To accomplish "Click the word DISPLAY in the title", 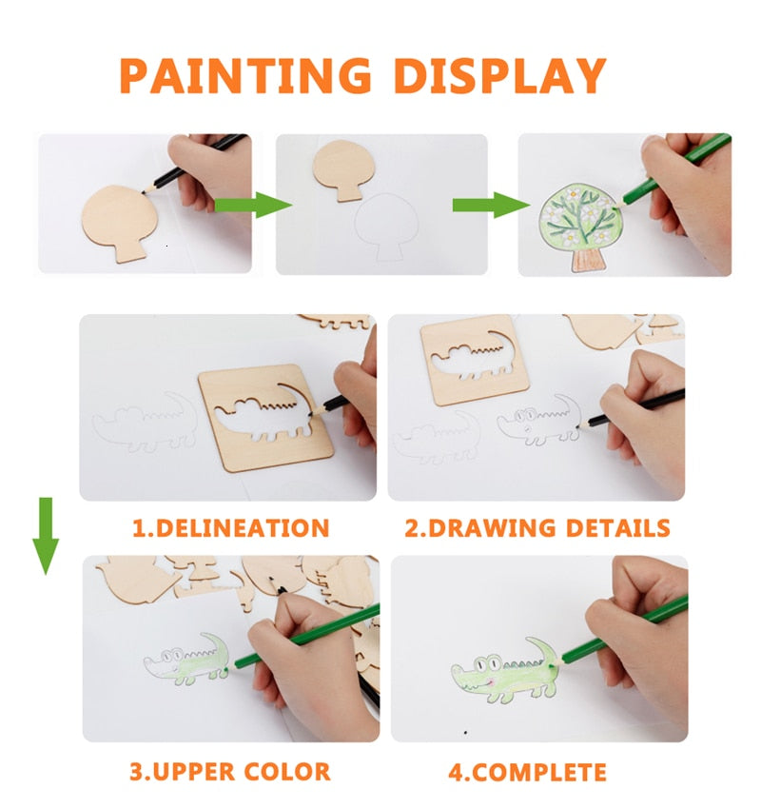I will tap(501, 77).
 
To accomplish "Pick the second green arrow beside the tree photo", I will tap(490, 203).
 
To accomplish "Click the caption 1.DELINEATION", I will tap(230, 528).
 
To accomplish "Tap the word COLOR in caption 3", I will tap(281, 771).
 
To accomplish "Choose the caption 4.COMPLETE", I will tap(527, 771).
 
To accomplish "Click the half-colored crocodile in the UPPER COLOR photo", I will tap(187, 661).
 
